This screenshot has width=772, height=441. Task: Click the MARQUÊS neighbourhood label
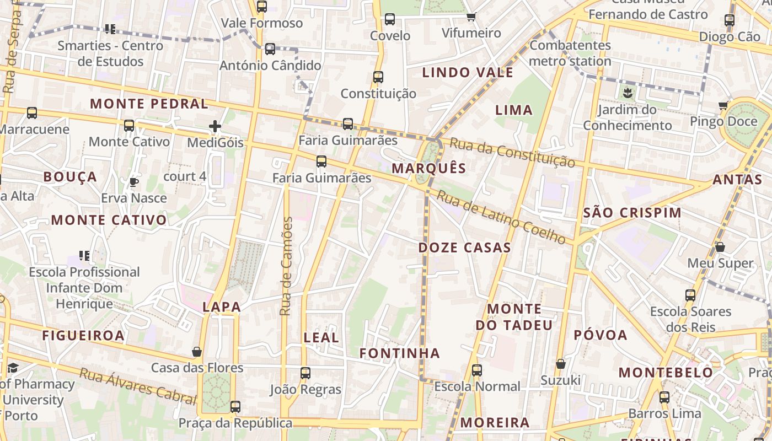click(429, 168)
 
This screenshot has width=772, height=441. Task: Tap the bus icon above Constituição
click(378, 77)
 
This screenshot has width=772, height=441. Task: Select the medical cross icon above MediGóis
click(215, 127)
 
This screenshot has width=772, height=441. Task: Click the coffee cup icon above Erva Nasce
click(133, 182)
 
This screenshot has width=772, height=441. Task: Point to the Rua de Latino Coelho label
click(501, 217)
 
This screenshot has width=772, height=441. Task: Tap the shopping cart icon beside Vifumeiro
click(471, 17)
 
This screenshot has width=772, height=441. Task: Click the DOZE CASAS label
click(464, 248)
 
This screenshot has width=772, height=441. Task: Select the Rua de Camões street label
click(286, 266)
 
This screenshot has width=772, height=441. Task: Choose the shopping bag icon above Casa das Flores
click(197, 352)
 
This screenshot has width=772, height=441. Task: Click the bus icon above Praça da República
click(235, 407)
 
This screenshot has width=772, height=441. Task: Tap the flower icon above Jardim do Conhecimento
click(628, 92)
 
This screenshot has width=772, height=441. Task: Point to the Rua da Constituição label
click(512, 153)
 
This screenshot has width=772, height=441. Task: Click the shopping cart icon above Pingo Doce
click(723, 105)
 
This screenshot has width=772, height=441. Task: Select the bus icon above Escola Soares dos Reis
click(690, 295)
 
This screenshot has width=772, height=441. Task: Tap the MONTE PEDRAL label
click(149, 104)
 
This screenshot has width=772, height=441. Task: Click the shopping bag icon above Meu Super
click(720, 247)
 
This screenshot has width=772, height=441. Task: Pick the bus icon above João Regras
click(305, 373)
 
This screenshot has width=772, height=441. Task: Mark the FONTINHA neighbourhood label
click(400, 353)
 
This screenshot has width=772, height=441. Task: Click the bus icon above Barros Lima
click(664, 397)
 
